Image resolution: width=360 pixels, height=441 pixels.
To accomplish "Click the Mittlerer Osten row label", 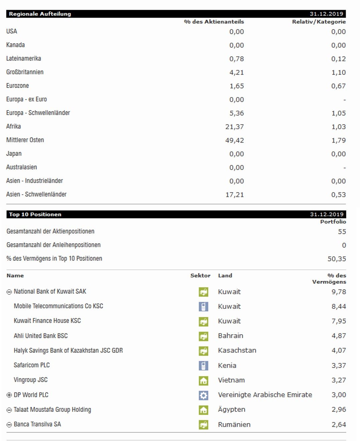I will (25, 140).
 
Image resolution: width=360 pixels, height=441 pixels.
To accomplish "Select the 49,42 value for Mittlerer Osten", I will (234, 141).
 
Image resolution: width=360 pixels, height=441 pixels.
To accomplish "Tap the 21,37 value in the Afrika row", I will (234, 127).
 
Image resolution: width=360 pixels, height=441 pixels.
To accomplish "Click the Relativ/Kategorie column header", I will (319, 22).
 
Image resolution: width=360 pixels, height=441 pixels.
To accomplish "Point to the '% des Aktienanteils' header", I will (214, 22).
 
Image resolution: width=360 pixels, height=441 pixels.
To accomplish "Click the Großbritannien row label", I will (25, 72).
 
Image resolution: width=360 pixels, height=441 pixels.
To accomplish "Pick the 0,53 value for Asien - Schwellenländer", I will (338, 195).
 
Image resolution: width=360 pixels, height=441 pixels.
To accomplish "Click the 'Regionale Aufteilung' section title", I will (40, 14).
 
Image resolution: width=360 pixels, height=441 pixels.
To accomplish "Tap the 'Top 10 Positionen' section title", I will (35, 214).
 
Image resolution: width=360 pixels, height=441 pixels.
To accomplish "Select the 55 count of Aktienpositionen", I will (342, 232).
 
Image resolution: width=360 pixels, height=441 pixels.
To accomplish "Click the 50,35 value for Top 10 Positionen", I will (337, 259).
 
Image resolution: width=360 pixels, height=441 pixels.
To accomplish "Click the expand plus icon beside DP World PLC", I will (9, 395).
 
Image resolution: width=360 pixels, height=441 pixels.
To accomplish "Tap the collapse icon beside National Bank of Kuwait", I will (9, 292).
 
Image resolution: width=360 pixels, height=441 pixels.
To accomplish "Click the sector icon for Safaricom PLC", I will (203, 365).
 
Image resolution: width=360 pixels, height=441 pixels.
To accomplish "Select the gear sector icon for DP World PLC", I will (203, 395).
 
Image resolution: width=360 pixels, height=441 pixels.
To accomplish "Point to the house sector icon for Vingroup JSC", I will (203, 380).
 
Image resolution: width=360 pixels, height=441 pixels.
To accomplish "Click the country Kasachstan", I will (237, 351).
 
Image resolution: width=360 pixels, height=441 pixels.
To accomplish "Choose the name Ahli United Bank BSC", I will (40, 336).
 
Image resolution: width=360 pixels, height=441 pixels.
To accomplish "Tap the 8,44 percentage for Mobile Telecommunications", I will (338, 306).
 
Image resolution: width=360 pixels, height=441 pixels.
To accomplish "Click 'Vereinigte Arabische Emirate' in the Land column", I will (265, 395).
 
